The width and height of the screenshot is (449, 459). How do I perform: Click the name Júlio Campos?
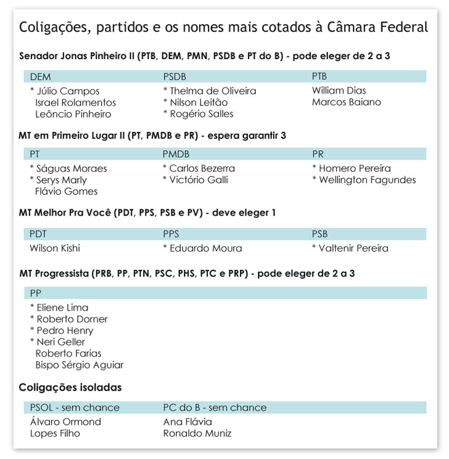click(59, 91)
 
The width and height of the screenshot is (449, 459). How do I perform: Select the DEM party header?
click(40, 77)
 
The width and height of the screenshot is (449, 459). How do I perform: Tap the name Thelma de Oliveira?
click(212, 91)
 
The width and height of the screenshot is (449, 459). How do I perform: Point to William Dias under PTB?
click(339, 91)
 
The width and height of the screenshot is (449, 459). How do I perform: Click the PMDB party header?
click(176, 155)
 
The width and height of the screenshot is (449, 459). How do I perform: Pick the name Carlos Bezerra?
click(202, 168)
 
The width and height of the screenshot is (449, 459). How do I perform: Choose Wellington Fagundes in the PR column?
click(367, 180)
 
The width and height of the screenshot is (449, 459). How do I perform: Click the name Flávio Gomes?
click(66, 192)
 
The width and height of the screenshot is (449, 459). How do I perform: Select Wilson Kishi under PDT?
click(55, 248)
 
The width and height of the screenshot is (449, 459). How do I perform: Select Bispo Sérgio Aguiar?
click(79, 365)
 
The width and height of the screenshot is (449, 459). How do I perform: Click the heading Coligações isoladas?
click(70, 388)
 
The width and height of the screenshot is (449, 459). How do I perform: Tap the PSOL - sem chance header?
click(75, 407)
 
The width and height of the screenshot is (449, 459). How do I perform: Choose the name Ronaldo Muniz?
click(197, 433)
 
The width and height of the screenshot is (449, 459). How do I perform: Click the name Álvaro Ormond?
click(65, 422)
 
